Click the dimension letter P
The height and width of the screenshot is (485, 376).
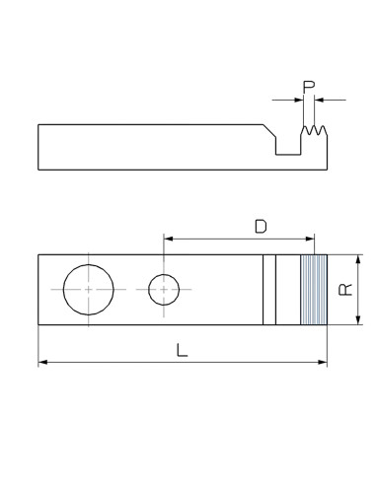tap(309, 88)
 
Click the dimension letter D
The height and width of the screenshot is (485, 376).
tap(261, 226)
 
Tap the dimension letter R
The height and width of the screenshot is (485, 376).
tap(344, 290)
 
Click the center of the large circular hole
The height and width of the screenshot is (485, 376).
tap(88, 290)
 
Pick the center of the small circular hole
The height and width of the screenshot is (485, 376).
tap(164, 290)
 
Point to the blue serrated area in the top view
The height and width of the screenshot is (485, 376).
tap(313, 290)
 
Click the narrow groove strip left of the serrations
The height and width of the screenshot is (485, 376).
tap(268, 290)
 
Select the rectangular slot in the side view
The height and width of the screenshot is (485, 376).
tap(287, 145)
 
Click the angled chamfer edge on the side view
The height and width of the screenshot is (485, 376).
tap(267, 131)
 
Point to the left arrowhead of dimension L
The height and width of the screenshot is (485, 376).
tap(42, 364)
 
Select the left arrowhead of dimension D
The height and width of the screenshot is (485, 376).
tap(168, 239)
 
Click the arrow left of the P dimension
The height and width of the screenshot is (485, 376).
tap(297, 100)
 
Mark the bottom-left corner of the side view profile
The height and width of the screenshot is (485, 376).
tap(38, 170)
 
